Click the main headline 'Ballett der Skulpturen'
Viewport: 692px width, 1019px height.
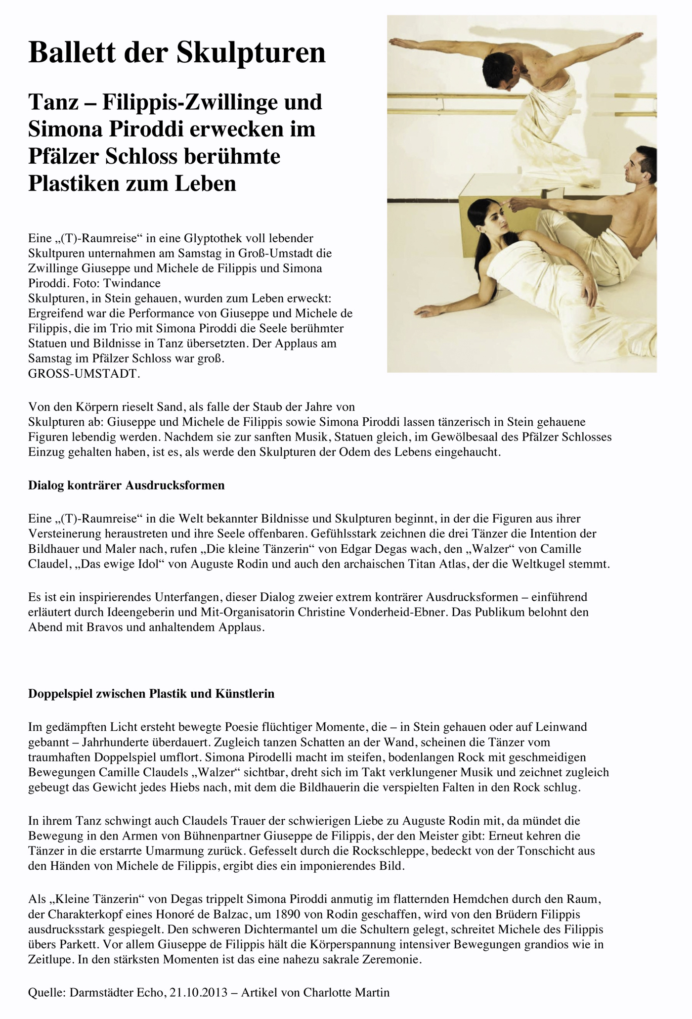(x=177, y=53)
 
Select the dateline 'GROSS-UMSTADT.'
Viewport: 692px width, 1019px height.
(x=85, y=374)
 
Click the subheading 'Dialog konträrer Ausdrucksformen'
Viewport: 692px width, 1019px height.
(x=127, y=486)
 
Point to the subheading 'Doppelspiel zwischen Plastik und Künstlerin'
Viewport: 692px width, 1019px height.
(x=151, y=694)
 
